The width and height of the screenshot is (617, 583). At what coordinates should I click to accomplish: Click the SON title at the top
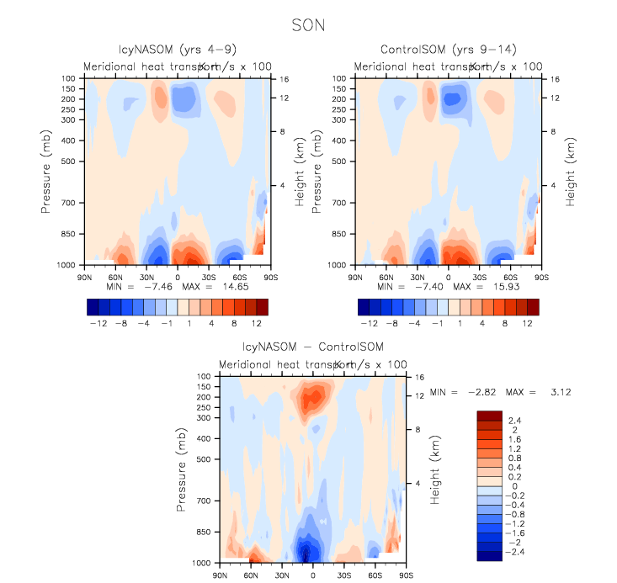(x=308, y=26)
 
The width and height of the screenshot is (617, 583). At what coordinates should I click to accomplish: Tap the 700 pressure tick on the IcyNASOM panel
(x=66, y=203)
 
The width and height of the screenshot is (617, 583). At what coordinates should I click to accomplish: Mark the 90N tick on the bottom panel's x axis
(x=222, y=575)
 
